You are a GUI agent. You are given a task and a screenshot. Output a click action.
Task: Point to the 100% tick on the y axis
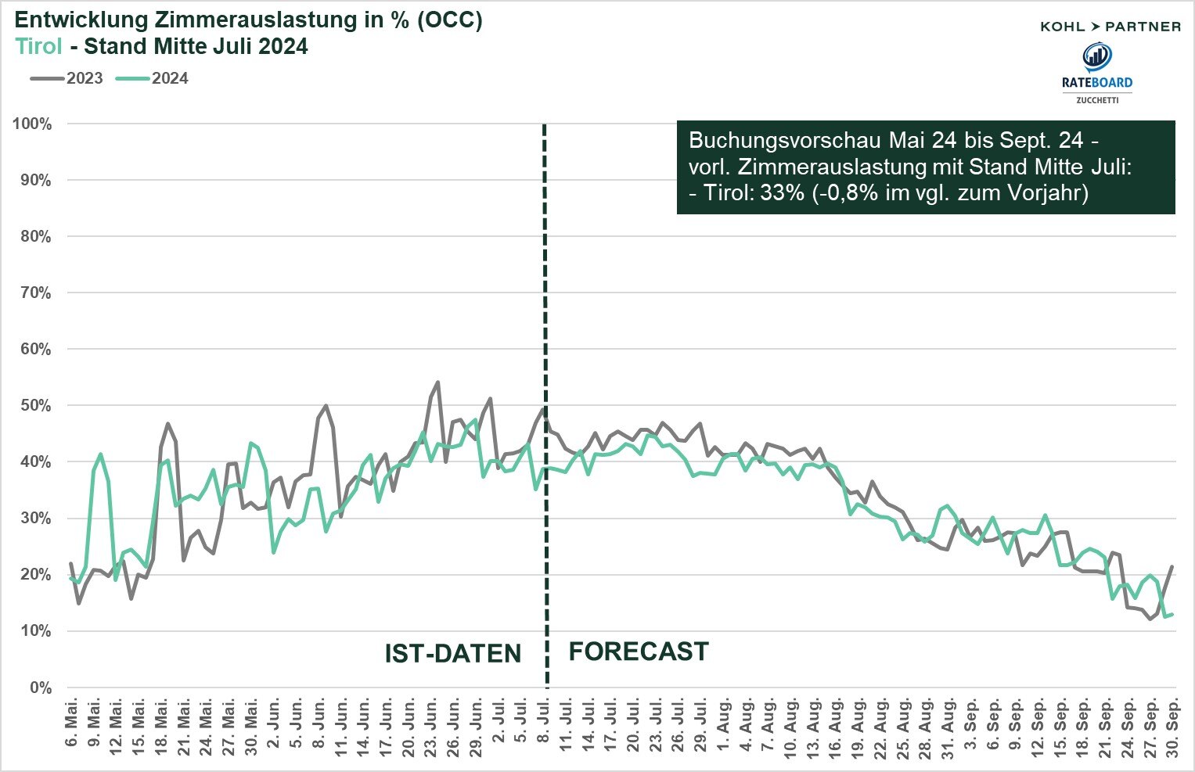(x=32, y=124)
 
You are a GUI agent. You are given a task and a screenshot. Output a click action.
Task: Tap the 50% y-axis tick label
(x=35, y=406)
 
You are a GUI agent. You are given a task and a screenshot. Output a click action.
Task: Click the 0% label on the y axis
(x=40, y=688)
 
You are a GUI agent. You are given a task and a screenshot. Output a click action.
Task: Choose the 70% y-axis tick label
(x=35, y=293)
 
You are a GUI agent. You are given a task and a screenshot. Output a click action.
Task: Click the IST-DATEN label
(x=452, y=654)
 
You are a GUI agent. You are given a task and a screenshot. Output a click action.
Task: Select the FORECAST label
(x=639, y=652)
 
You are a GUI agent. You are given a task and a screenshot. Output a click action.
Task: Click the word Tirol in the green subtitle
(x=38, y=46)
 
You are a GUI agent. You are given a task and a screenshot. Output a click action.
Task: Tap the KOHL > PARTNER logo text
(x=1110, y=27)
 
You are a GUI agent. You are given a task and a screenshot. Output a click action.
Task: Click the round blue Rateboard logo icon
(x=1096, y=56)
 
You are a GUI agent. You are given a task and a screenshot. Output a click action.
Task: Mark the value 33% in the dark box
(x=782, y=192)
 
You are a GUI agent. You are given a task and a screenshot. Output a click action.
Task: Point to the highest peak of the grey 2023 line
(x=437, y=382)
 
